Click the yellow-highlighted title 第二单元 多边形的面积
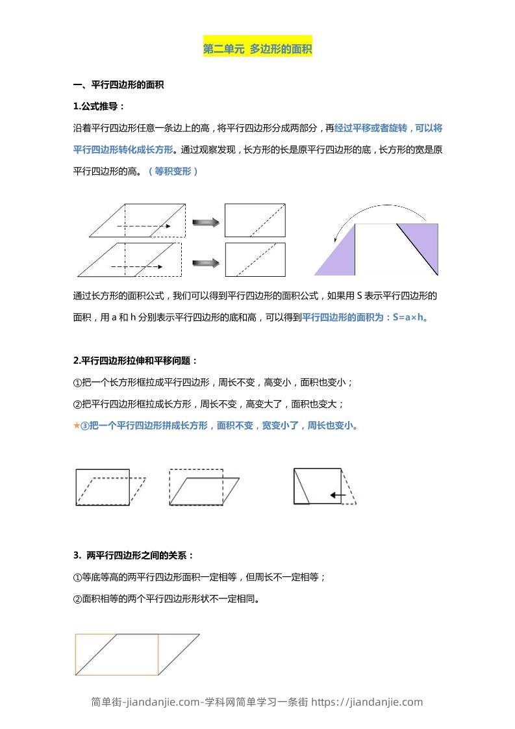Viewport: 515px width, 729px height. [258, 49]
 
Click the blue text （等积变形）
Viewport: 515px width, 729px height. [173, 171]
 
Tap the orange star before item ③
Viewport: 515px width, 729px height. [77, 426]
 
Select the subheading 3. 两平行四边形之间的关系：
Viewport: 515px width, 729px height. [134, 556]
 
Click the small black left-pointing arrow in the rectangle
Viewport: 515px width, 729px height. [337, 495]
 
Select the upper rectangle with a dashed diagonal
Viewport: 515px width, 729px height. [255, 220]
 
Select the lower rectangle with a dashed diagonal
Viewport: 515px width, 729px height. [255, 259]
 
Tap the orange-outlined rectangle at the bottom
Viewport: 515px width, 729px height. [117, 654]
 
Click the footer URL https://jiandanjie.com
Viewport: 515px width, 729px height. [367, 702]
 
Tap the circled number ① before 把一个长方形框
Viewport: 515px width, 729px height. [77, 382]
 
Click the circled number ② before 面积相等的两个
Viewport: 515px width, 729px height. [77, 599]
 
